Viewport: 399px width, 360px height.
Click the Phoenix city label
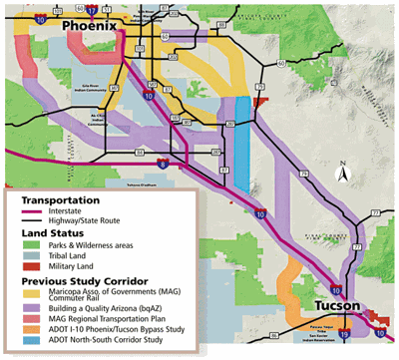click(x=91, y=24)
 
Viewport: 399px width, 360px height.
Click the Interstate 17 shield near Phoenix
click(x=91, y=9)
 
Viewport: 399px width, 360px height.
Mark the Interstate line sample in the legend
click(x=36, y=210)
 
